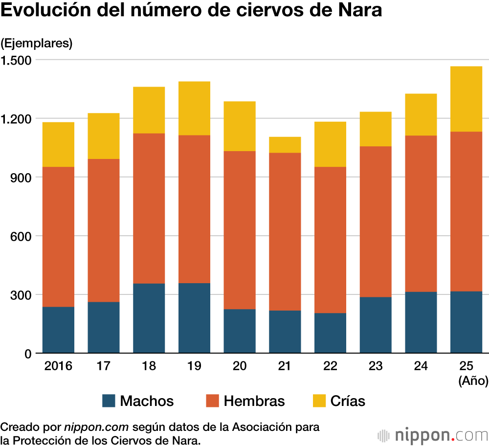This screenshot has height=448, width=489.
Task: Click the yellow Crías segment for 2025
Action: tap(466, 99)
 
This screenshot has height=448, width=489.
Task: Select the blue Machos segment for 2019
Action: tap(194, 318)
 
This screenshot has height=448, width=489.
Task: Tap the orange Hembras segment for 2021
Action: tap(285, 231)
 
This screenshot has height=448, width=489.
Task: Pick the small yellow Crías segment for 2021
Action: tap(285, 145)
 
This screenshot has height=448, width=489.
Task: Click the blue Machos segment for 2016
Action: tap(58, 330)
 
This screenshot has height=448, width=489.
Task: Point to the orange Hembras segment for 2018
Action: tap(149, 208)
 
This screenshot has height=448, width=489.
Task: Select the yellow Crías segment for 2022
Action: tap(330, 144)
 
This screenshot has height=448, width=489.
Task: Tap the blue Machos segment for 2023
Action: tap(376, 325)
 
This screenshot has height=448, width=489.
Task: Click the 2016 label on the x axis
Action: tap(58, 366)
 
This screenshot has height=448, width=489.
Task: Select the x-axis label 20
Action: tap(240, 366)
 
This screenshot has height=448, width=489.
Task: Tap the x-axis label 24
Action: tap(421, 366)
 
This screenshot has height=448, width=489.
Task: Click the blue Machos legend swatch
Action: tap(109, 402)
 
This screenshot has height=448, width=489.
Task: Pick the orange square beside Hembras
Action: tap(212, 402)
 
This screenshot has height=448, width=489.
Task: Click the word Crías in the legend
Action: tap(348, 402)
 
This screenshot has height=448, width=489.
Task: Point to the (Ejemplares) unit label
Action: tap(37, 43)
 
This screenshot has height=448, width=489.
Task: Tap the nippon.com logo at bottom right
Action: tap(432, 435)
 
